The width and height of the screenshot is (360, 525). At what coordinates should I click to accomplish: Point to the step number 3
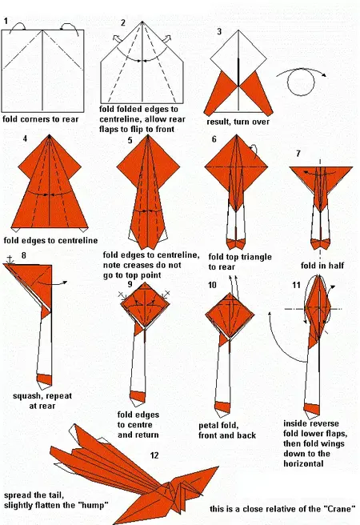[x=218, y=31]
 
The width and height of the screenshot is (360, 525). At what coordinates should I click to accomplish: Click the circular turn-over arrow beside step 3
[x=302, y=82]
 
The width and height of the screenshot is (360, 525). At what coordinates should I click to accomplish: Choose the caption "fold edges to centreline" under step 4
[x=50, y=239]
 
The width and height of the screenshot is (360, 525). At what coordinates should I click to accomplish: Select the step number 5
[x=130, y=140]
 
